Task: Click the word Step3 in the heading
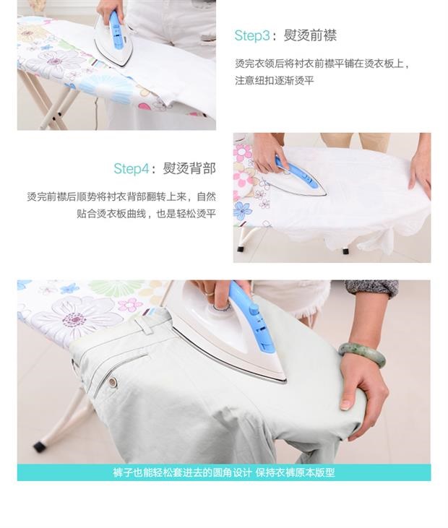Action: tap(252, 35)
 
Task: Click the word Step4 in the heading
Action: tap(131, 168)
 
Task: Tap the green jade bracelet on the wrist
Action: tap(363, 354)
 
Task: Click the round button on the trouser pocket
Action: tap(112, 381)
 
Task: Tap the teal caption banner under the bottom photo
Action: tap(224, 472)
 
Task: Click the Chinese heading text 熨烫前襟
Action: tap(310, 35)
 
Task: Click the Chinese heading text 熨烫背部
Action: tap(189, 168)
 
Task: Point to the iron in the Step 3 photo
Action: tap(114, 39)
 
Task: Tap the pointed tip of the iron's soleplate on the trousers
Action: tap(285, 381)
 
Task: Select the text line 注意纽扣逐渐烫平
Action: tap(275, 80)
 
